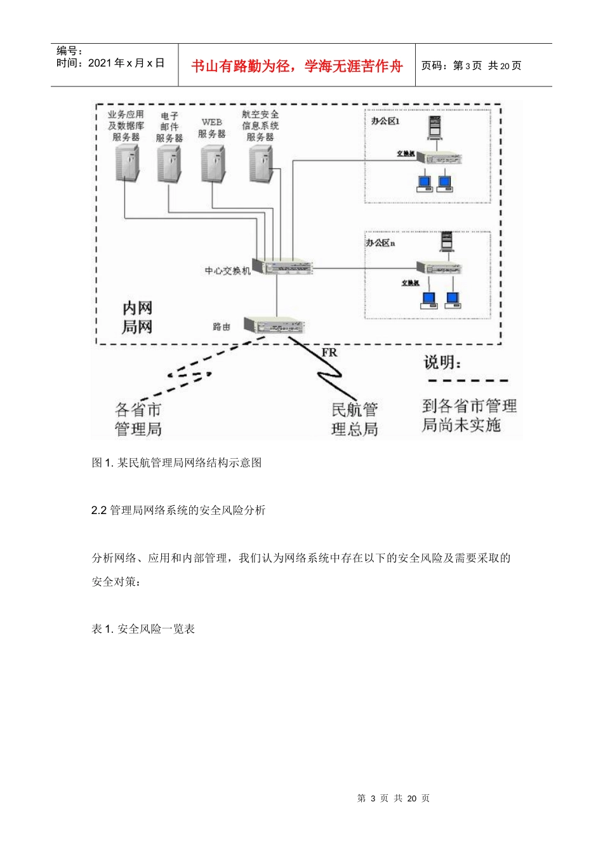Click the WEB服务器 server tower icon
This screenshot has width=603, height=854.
(213, 163)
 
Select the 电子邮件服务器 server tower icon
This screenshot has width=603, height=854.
(169, 163)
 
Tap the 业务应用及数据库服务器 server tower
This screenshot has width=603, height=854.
(127, 163)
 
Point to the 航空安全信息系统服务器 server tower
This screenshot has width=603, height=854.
(260, 163)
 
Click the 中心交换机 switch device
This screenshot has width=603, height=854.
(282, 267)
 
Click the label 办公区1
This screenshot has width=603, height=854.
(385, 121)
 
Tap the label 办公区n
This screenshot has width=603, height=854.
(380, 243)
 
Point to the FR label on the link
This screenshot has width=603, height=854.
(329, 353)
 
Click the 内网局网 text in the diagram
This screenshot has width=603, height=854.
(138, 318)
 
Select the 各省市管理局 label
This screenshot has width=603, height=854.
(138, 419)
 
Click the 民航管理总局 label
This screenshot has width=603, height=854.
(355, 419)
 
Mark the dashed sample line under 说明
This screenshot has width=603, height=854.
(468, 381)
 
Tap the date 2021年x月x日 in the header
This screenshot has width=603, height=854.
(126, 63)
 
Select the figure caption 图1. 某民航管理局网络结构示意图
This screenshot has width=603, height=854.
(177, 463)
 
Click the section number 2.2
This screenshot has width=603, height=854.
(98, 510)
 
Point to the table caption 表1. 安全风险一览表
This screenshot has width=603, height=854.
(143, 629)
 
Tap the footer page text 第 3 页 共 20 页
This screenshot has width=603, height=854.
(394, 798)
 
